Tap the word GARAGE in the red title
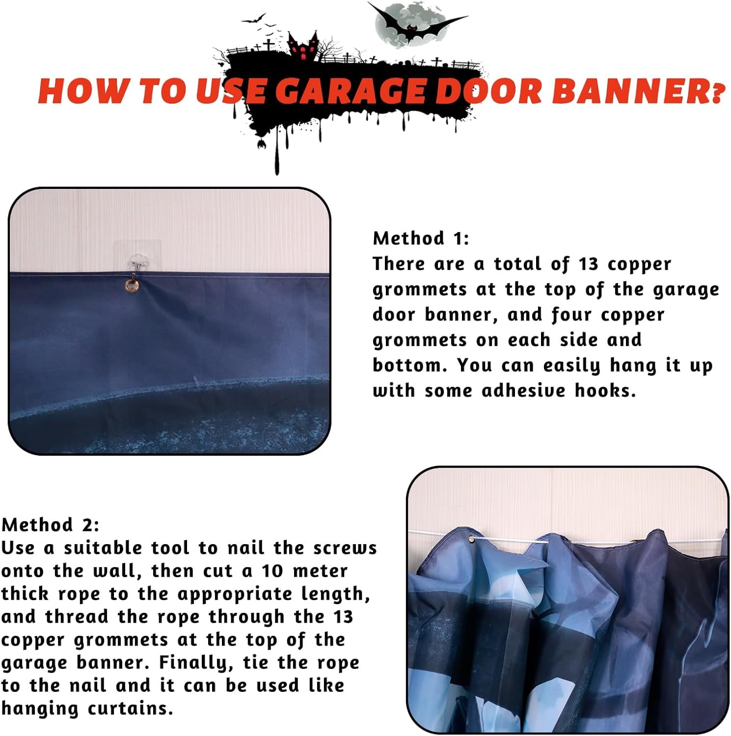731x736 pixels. click(351, 91)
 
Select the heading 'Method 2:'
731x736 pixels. click(51, 525)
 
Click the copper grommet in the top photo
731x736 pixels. click(132, 285)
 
